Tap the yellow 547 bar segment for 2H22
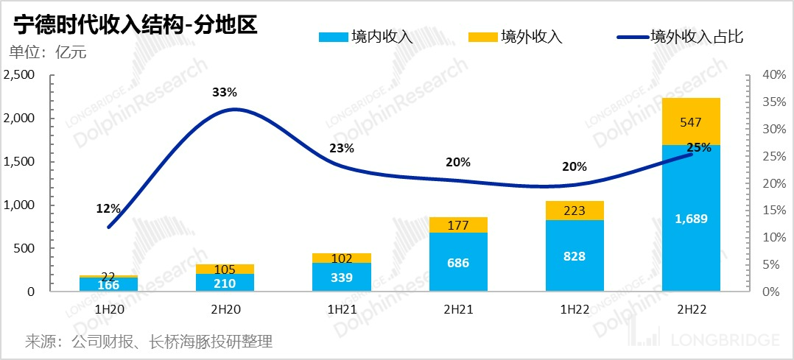(691, 121)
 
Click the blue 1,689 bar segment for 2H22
(691, 218)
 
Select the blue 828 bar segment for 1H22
(575, 256)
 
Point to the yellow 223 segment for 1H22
(575, 211)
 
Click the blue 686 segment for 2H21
(458, 262)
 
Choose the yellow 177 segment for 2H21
(458, 225)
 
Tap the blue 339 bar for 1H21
(342, 277)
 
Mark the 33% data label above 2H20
(225, 93)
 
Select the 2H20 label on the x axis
(225, 311)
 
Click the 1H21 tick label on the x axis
(342, 311)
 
